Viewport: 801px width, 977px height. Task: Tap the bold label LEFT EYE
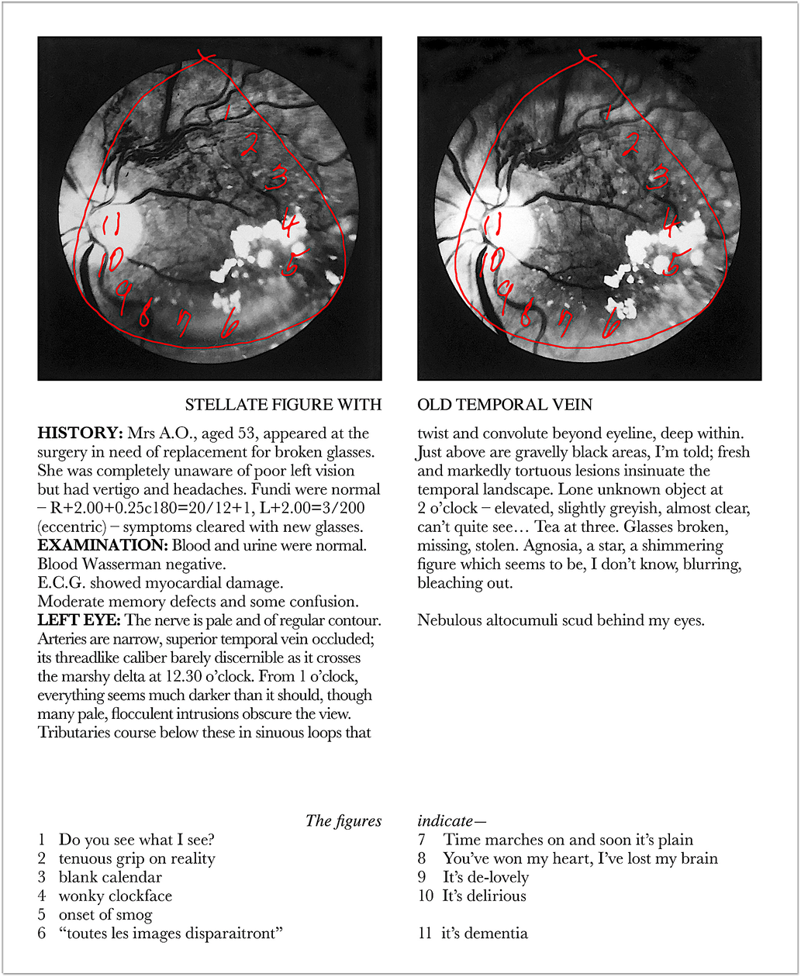(x=78, y=620)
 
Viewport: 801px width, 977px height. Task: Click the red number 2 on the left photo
(x=249, y=143)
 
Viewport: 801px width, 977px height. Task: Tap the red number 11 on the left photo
(x=111, y=226)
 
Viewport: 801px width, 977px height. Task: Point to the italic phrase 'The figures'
(x=344, y=821)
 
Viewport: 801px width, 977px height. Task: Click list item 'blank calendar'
(x=110, y=877)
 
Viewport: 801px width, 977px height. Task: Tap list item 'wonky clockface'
(x=116, y=896)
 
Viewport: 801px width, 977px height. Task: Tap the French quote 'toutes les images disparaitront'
(x=170, y=933)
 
